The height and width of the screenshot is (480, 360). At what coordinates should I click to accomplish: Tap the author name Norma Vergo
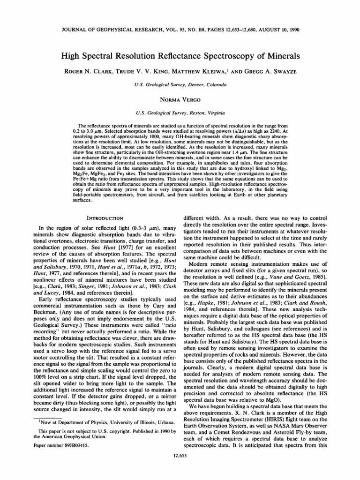click(180, 99)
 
